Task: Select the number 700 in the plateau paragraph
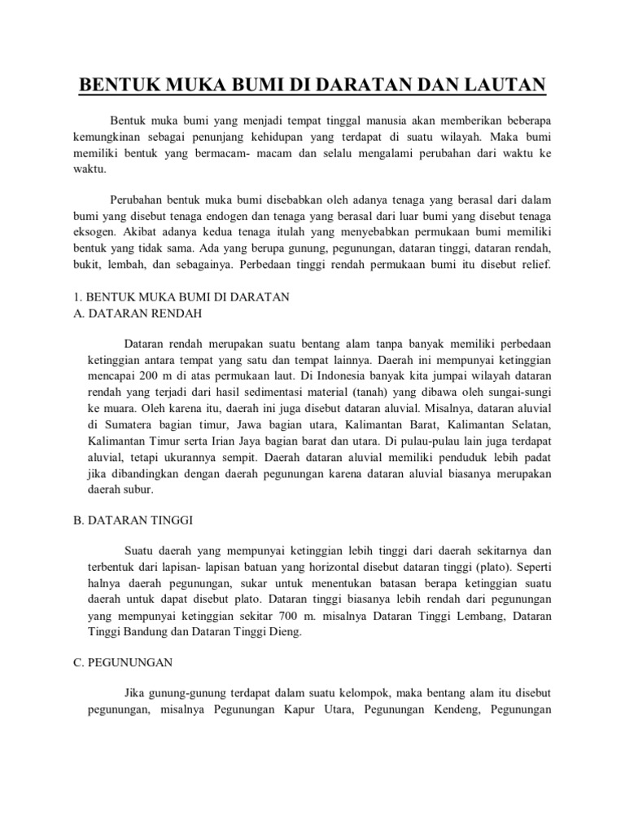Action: click(285, 617)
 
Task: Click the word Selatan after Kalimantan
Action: click(531, 424)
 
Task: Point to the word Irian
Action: click(225, 440)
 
